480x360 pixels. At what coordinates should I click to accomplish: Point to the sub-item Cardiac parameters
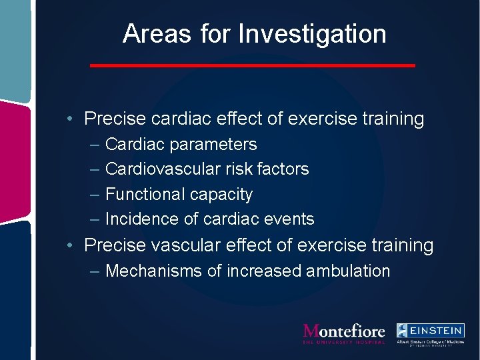(181, 145)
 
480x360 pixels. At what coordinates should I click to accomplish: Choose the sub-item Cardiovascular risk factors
(207, 169)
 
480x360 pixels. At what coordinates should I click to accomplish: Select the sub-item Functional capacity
(179, 195)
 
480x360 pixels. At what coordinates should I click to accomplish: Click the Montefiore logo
(343, 333)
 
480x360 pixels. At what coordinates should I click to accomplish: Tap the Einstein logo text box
(438, 330)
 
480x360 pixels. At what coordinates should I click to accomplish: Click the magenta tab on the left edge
(15, 160)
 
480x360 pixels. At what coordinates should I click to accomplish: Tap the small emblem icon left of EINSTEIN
(403, 330)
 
